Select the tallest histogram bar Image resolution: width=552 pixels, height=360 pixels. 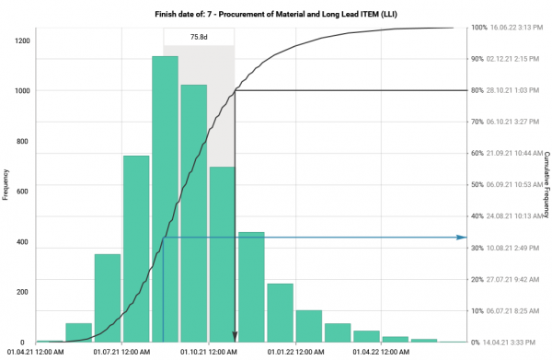[165, 198]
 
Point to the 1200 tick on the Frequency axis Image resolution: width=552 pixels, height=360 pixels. [20, 41]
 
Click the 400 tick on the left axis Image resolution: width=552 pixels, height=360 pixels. [23, 242]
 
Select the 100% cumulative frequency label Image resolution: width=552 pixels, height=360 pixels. [478, 28]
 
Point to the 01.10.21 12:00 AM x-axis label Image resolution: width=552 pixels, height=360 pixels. [209, 351]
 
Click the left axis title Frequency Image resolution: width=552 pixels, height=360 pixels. [6, 184]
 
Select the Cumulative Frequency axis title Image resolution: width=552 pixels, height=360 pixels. [546, 184]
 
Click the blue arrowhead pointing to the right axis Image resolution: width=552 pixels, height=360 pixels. [463, 238]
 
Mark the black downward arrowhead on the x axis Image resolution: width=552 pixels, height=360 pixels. [235, 338]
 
